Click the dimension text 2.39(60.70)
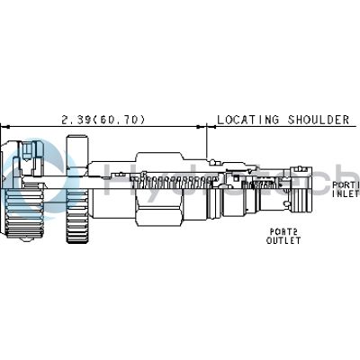(103, 119)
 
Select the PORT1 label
(346, 184)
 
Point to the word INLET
(346, 193)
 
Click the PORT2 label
(281, 231)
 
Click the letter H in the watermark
(115, 180)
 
